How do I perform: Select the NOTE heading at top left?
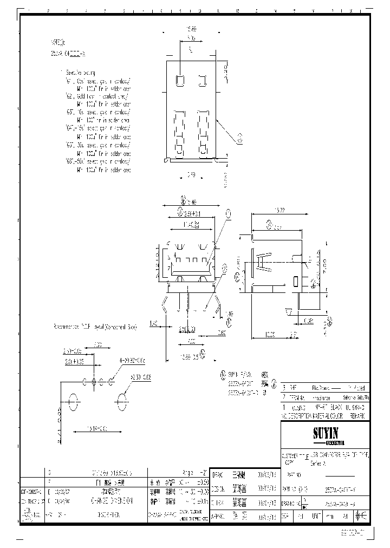[57, 41]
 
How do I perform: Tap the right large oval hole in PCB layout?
[121, 402]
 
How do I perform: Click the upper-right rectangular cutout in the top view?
[204, 81]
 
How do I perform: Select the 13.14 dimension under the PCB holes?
[96, 428]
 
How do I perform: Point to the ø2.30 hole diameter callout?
[141, 376]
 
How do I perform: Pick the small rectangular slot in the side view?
[295, 282]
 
